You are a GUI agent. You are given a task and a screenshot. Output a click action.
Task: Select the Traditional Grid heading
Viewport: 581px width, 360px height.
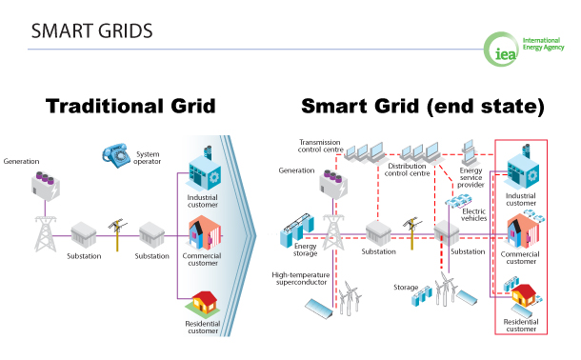(138, 106)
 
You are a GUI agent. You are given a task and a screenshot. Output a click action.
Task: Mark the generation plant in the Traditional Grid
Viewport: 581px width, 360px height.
(44, 186)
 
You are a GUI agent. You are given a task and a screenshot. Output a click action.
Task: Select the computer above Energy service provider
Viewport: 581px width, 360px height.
(469, 150)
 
